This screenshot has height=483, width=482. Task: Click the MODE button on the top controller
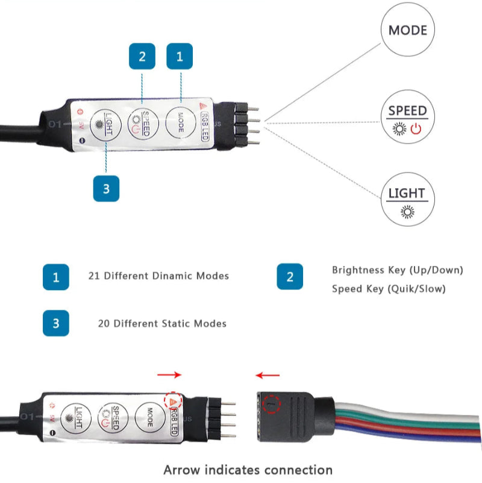coord(180,122)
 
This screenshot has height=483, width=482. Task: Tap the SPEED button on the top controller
coord(143,123)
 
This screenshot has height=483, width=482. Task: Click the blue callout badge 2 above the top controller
coord(142,56)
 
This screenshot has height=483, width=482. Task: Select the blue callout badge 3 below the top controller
coord(106,188)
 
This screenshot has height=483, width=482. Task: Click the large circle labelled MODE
coord(407,30)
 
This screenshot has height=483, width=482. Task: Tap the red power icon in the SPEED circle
coord(417,128)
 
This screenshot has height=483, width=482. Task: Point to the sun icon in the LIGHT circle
coord(407,211)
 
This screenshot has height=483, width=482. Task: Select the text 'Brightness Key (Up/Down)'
coord(397,270)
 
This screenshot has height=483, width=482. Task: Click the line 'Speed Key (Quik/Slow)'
coord(389,289)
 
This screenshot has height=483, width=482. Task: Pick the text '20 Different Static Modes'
coord(162,324)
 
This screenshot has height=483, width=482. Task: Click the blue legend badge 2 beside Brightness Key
coord(290,277)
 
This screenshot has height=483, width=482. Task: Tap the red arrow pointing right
coord(169,375)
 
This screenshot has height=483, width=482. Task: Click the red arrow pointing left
coord(268,375)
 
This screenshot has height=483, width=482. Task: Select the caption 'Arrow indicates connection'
coord(248,469)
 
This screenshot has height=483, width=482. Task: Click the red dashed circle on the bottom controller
coord(174,401)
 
